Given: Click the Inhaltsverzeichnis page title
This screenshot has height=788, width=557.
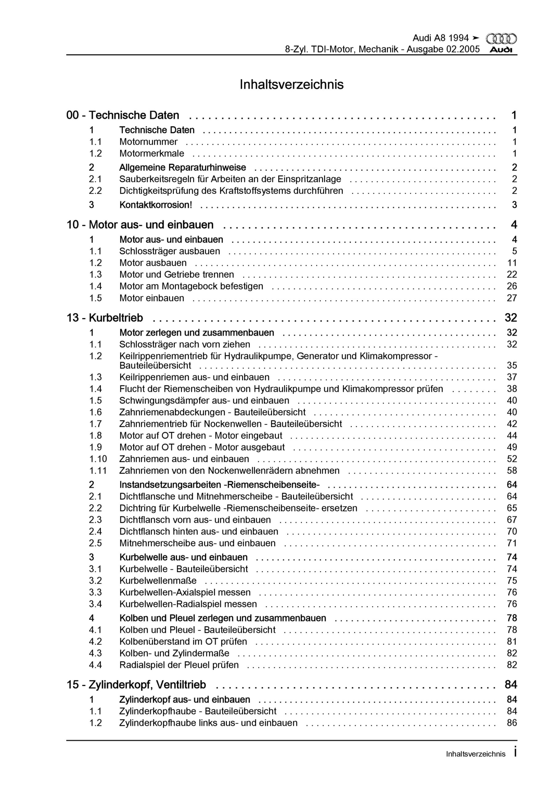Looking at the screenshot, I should pyautogui.click(x=292, y=84).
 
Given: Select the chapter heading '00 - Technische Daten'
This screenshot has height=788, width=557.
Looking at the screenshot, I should pyautogui.click(x=123, y=115).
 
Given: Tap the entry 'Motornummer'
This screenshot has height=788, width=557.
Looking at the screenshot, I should pyautogui.click(x=148, y=142).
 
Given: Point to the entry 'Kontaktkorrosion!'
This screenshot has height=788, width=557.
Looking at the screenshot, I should pyautogui.click(x=155, y=205).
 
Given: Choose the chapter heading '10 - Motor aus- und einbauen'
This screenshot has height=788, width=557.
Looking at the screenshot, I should pyautogui.click(x=140, y=225).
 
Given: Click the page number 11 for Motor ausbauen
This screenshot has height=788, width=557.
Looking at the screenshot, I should pyautogui.click(x=512, y=263).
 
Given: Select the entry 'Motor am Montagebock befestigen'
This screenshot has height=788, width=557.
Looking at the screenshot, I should pyautogui.click(x=191, y=286).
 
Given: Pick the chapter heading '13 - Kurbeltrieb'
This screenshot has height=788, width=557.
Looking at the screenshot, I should pyautogui.click(x=105, y=318).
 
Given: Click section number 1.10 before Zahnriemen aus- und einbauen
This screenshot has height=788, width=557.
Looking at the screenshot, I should pyautogui.click(x=98, y=459).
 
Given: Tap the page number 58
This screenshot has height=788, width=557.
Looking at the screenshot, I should pyautogui.click(x=512, y=471).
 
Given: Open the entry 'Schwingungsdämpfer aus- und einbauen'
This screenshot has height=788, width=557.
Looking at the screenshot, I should pyautogui.click(x=204, y=400).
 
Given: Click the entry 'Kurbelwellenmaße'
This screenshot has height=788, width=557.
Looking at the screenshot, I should pyautogui.click(x=158, y=581).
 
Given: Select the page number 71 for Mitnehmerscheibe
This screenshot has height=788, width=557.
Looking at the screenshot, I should pyautogui.click(x=512, y=543).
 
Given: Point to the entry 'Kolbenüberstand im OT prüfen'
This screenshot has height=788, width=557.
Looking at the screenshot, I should pyautogui.click(x=183, y=641).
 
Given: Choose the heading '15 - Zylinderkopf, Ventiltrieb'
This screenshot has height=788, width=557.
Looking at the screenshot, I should pyautogui.click(x=136, y=685).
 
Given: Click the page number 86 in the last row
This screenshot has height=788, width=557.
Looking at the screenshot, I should pyautogui.click(x=512, y=723).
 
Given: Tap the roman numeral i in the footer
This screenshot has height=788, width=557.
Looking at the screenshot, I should pyautogui.click(x=515, y=752).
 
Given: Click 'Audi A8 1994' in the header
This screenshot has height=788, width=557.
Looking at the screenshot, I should pyautogui.click(x=441, y=38).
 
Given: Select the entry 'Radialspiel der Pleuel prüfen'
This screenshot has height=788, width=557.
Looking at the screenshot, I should pyautogui.click(x=179, y=665).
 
